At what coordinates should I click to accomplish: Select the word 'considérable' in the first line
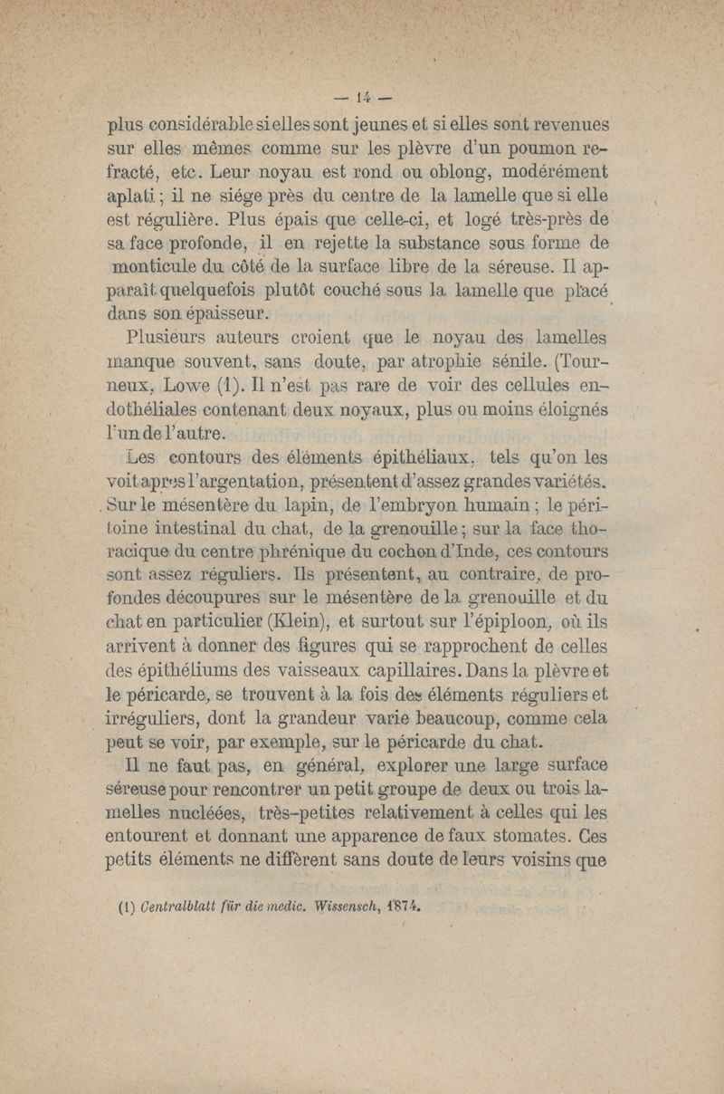click(204, 124)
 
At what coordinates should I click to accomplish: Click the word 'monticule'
click(157, 268)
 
